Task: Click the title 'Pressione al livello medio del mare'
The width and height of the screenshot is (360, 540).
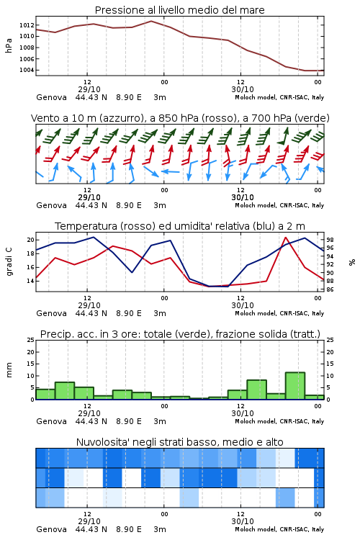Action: pos(180,10)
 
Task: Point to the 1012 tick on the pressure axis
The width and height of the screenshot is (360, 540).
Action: pos(27,25)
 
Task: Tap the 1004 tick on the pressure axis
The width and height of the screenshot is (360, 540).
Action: pos(27,70)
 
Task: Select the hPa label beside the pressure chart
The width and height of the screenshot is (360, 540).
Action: pos(9,45)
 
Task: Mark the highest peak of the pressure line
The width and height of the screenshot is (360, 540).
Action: pos(151,21)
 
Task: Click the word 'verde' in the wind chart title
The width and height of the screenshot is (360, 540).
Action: pos(314,118)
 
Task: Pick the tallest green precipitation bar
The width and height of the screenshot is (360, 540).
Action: pos(295,386)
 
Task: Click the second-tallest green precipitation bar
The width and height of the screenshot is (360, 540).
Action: pos(256,390)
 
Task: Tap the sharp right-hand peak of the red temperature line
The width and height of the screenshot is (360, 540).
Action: pos(286,238)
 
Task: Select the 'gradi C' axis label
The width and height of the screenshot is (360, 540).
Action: pos(9,262)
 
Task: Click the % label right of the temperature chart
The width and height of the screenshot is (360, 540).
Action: pos(352,262)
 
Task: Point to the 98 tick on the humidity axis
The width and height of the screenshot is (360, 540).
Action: pos(330,240)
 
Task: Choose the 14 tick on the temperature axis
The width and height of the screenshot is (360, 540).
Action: pos(30,281)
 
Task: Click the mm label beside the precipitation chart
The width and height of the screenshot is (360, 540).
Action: pos(9,370)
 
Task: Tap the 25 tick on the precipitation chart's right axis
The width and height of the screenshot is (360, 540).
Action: pos(330,340)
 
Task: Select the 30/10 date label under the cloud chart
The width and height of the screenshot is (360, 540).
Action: pos(243,521)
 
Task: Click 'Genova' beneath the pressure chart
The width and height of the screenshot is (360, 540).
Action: pos(51,97)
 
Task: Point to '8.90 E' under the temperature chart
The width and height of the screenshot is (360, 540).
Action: pos(129,313)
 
